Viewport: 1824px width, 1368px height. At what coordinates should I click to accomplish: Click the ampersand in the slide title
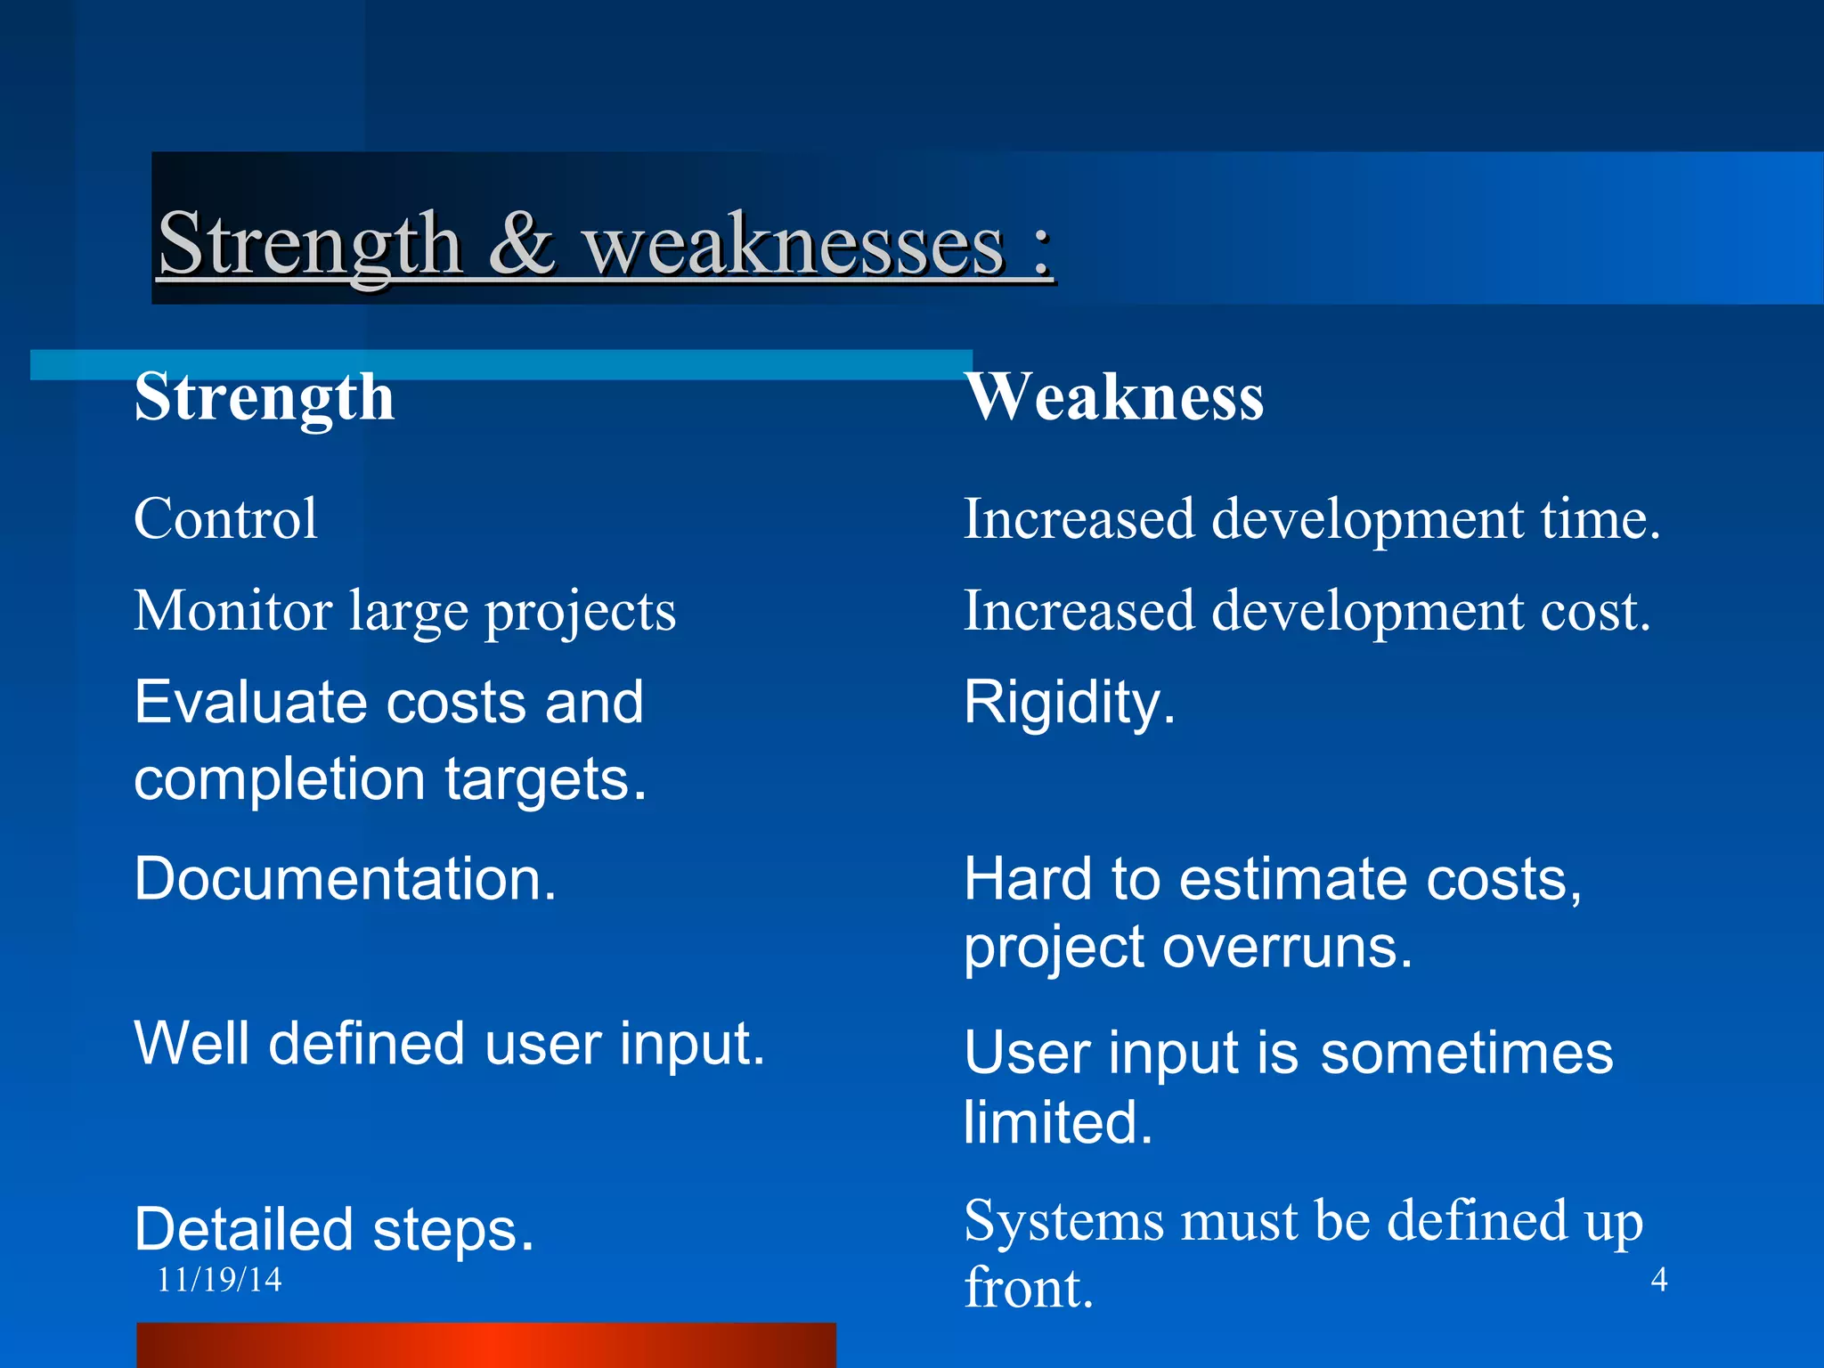point(522,244)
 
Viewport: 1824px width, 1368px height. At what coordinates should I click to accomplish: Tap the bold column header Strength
point(265,397)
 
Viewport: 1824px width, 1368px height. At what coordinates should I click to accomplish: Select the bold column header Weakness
point(1114,397)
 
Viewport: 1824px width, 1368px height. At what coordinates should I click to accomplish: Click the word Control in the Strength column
point(225,518)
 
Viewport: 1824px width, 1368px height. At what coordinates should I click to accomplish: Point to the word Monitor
point(233,611)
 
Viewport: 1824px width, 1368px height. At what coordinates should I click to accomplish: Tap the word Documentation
point(346,879)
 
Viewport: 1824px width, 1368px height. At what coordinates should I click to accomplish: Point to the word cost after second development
point(1595,611)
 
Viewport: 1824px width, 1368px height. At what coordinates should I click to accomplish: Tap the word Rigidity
point(1070,703)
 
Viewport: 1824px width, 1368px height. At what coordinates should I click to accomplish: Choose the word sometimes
point(1466,1053)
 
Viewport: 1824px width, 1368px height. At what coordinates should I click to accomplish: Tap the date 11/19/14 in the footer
point(219,1280)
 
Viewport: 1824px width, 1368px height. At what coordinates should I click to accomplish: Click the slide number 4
point(1658,1280)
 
